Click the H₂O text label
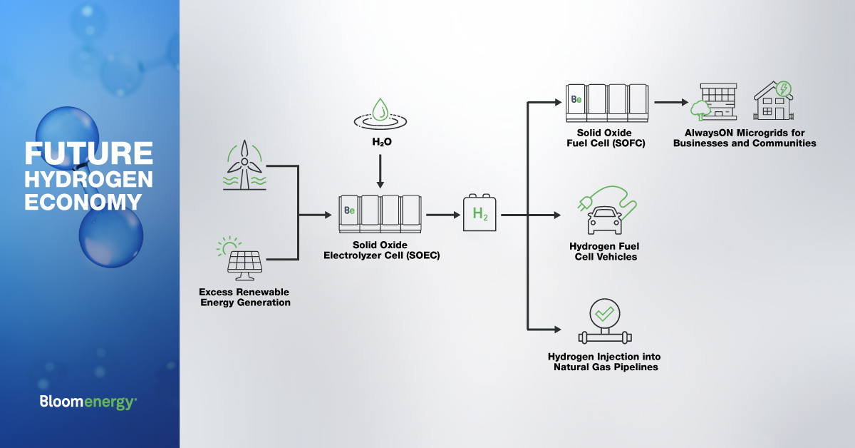tap(382, 142)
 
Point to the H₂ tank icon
tap(480, 213)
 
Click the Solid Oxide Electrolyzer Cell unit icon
tap(380, 213)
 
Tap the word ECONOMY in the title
tap(83, 202)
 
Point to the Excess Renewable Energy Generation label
tap(244, 297)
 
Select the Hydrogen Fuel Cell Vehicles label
tap(604, 251)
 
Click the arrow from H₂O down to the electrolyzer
tap(380, 171)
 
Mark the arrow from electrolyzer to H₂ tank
tap(442, 214)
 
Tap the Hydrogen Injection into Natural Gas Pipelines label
tap(605, 362)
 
